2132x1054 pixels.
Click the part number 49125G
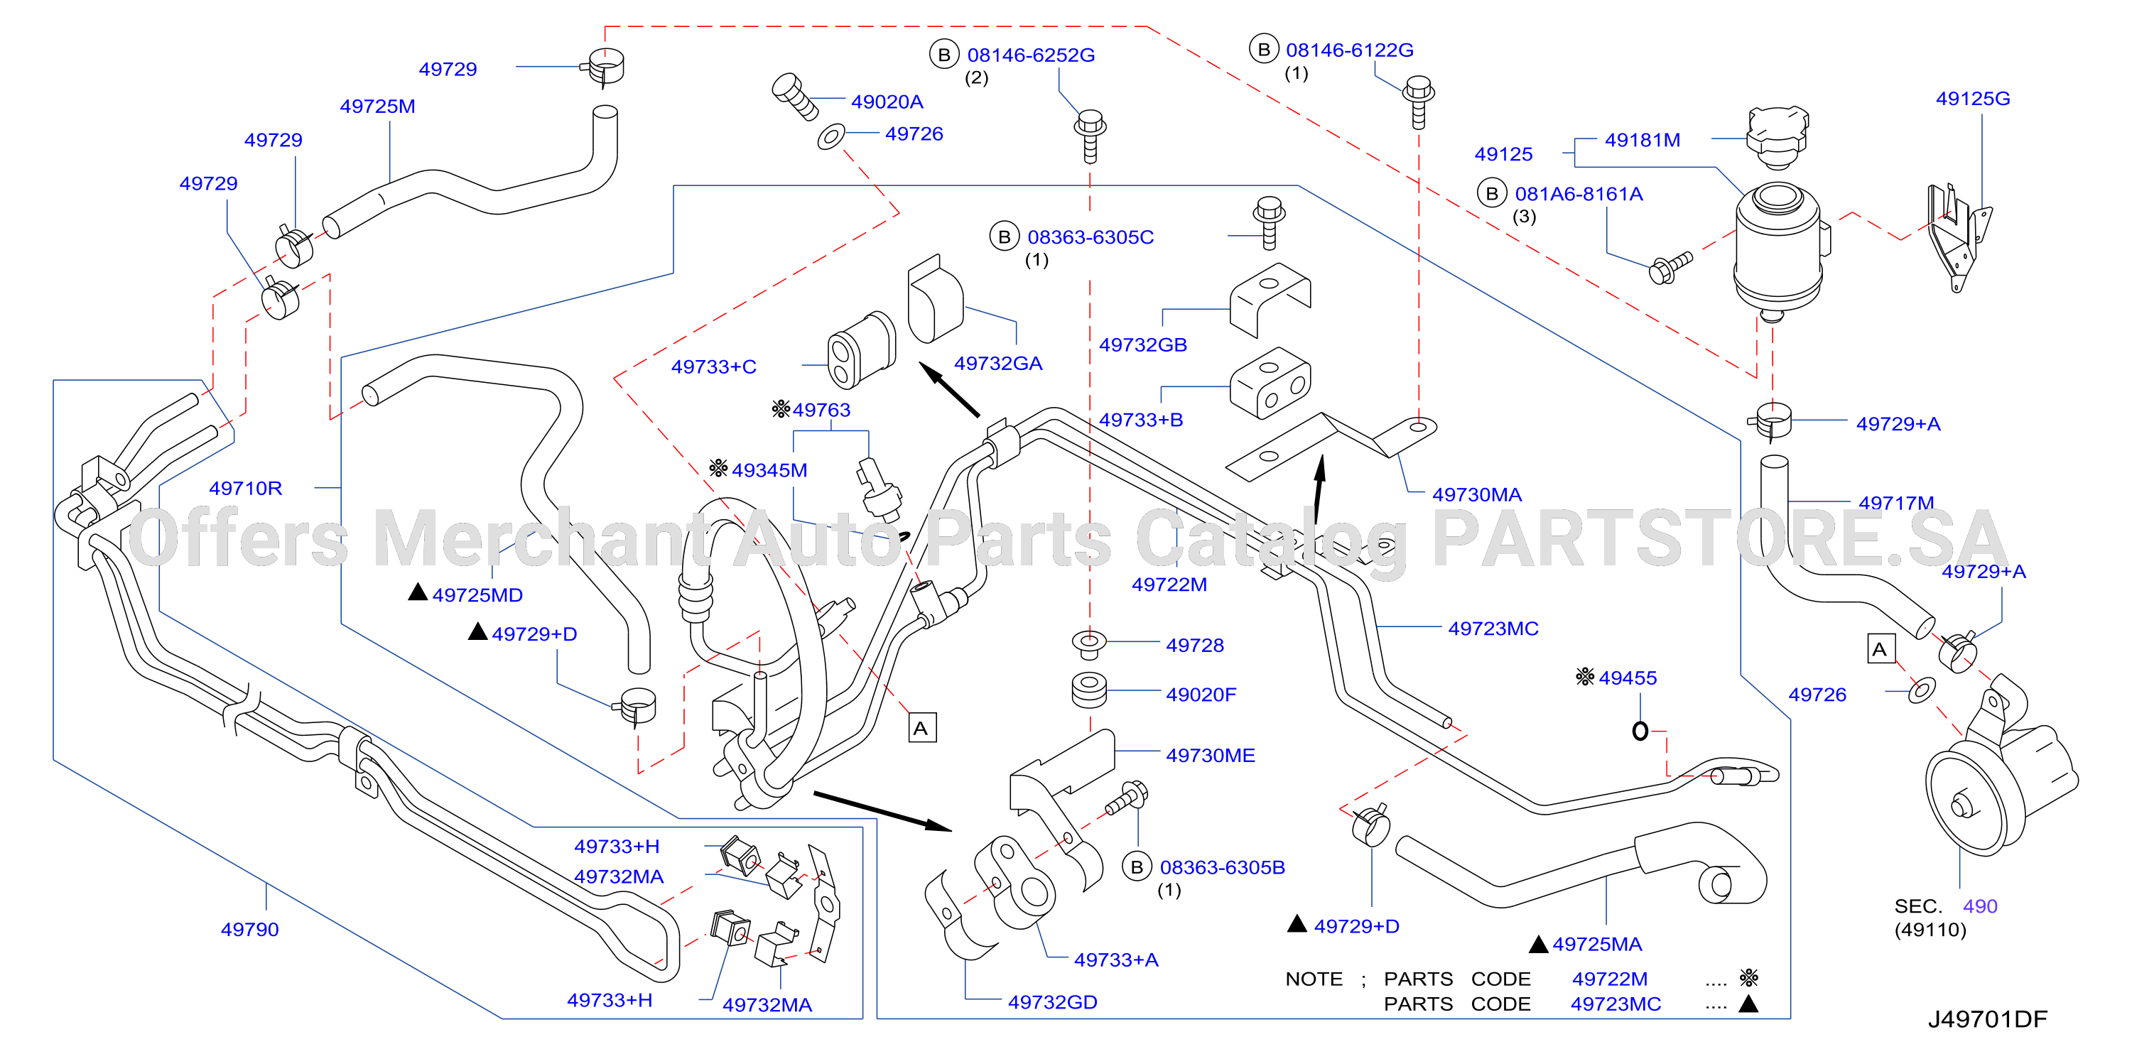1972,99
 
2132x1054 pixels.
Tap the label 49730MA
1476,495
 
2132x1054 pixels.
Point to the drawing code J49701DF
1987,1018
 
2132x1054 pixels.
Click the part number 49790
249,929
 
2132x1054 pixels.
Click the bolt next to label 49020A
794,97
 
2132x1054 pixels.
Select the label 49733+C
713,366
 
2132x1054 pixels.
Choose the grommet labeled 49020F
1089,691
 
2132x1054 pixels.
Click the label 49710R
245,488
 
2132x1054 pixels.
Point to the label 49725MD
477,595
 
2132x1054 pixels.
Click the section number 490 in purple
1980,906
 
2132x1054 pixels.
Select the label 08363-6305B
1222,867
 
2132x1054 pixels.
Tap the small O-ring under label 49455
1640,731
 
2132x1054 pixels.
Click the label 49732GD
1052,1002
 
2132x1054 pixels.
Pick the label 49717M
1895,502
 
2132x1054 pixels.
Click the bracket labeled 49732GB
1270,300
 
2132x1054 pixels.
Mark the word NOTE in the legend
1314,979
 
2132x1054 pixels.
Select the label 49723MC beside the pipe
1493,628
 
